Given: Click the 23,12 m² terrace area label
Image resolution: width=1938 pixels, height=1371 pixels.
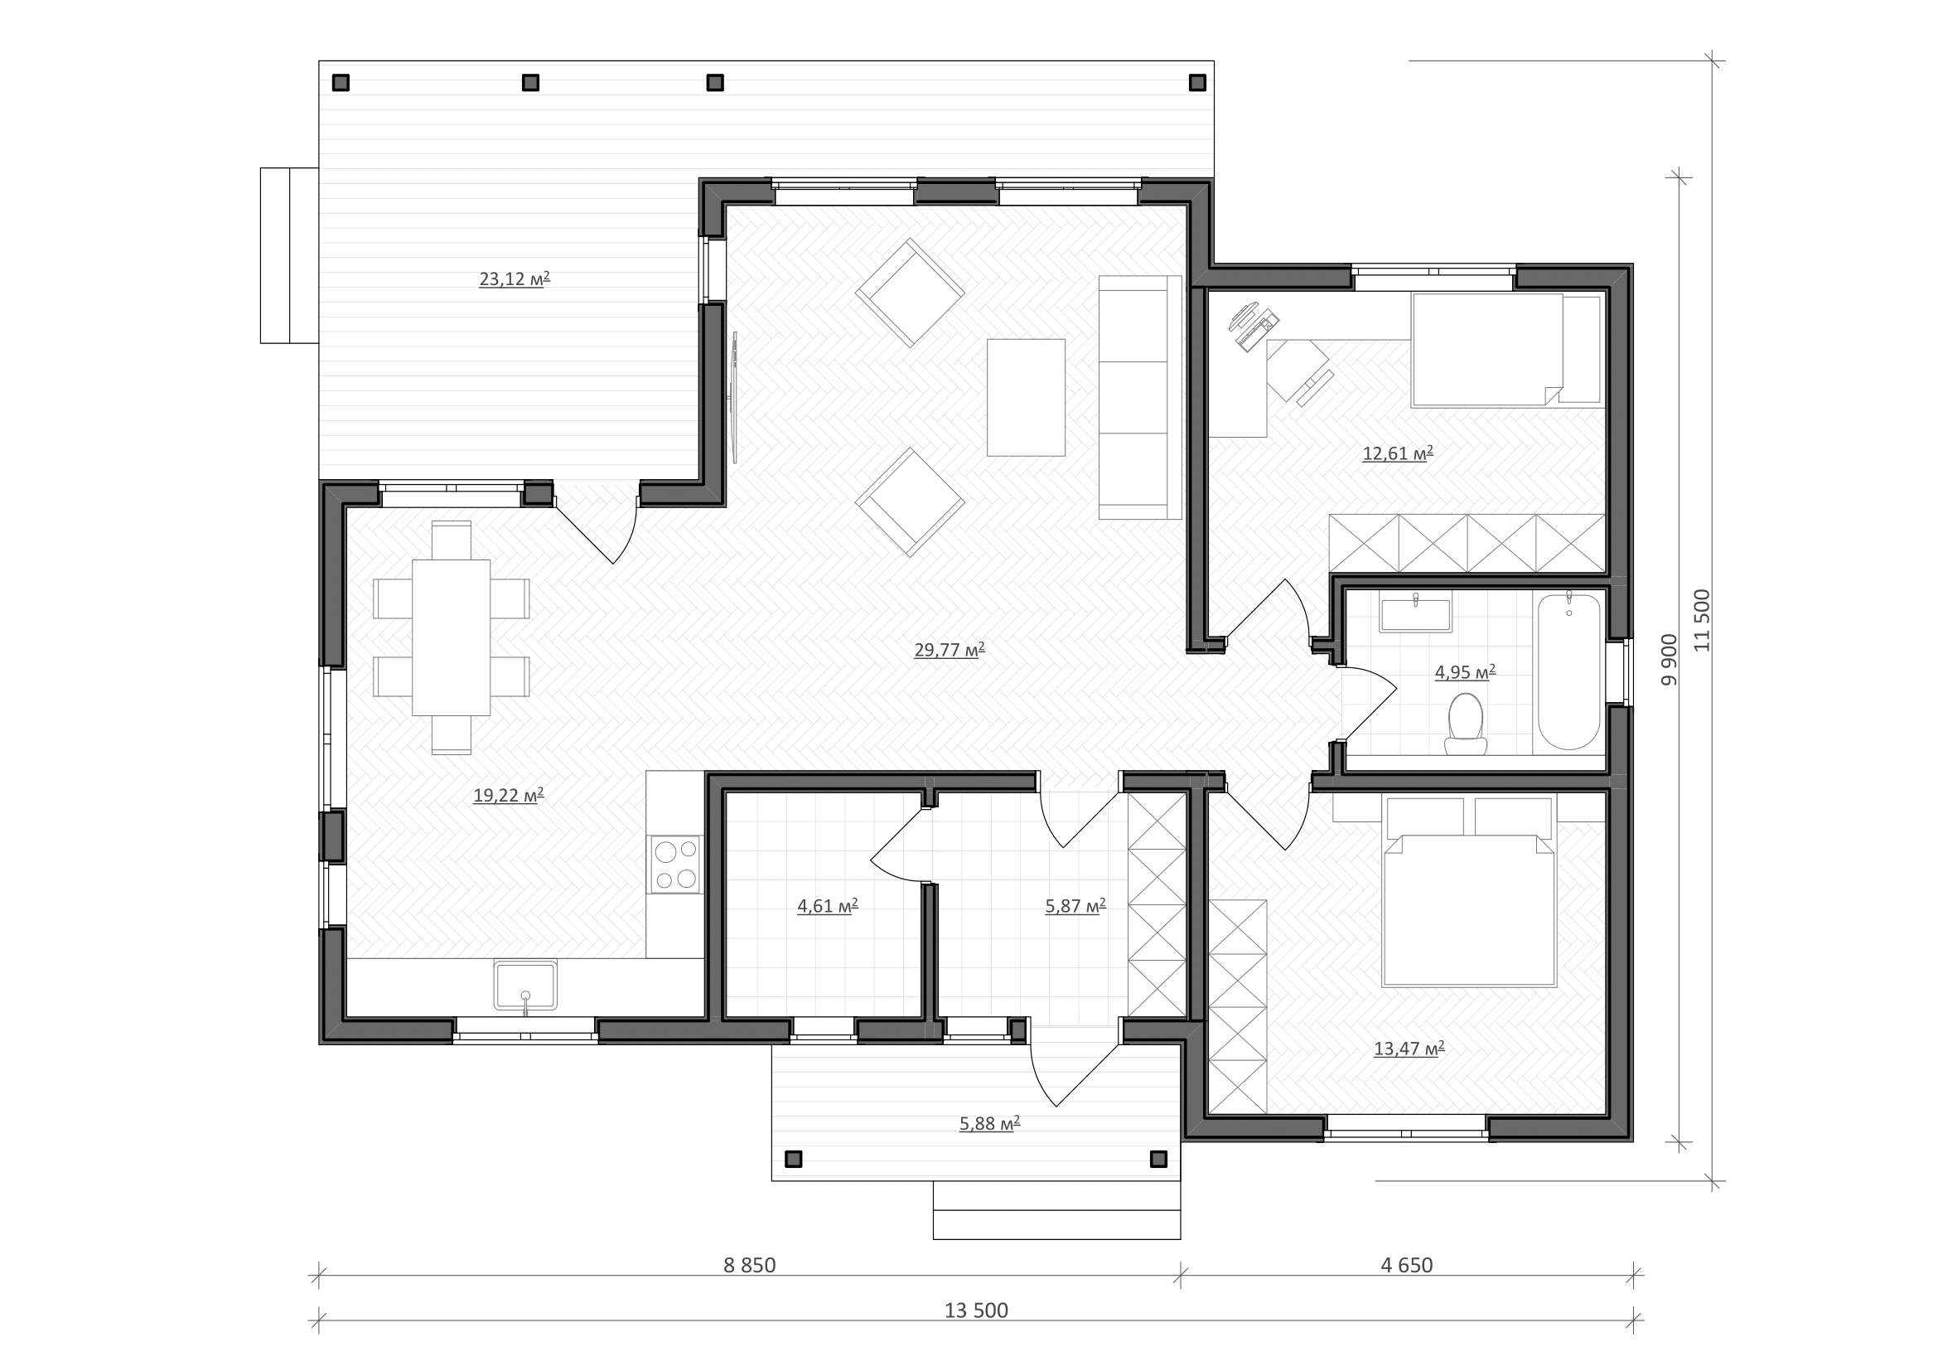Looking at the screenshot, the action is (514, 279).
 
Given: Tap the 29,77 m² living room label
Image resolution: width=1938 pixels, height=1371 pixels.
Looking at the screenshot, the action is (950, 649).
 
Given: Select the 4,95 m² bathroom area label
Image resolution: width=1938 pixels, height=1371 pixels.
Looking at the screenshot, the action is (1466, 672).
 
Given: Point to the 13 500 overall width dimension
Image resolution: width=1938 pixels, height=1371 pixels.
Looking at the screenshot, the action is (976, 1310).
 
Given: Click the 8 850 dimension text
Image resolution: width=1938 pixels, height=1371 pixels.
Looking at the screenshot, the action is (750, 1265).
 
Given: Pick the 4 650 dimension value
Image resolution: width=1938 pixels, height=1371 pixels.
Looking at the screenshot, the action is (1406, 1265).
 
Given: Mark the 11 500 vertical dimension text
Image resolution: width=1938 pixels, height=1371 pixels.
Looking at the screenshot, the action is (1702, 620).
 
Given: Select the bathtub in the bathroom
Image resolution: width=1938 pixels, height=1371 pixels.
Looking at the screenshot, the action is (1568, 671).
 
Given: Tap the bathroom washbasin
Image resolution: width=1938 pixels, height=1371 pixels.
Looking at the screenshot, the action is (1414, 613).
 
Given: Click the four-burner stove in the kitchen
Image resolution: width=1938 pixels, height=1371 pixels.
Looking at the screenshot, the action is (675, 864).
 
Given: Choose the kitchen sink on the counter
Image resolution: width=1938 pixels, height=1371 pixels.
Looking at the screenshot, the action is (525, 985).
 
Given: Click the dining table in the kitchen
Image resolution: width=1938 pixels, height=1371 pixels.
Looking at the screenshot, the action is (451, 637).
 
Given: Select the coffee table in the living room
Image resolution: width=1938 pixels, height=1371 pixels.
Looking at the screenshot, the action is (1026, 397).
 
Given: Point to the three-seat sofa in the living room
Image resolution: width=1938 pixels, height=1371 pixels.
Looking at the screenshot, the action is (1139, 397).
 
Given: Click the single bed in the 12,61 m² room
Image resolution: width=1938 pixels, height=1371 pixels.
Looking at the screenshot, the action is (1506, 351).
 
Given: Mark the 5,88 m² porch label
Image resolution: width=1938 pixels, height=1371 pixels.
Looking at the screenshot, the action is (989, 1123).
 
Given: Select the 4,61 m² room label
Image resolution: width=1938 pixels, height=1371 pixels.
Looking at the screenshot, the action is (827, 906).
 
